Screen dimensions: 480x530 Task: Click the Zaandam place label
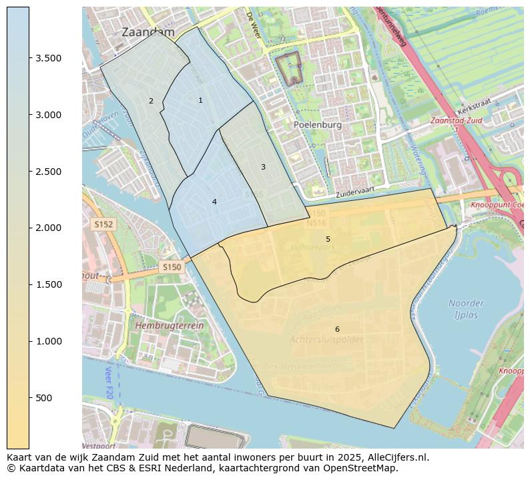pyautogui.click(x=148, y=32)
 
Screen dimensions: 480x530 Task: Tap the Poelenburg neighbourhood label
pyautogui.click(x=317, y=125)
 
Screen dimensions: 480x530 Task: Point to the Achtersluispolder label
pyautogui.click(x=326, y=340)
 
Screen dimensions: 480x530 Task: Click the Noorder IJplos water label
pyautogui.click(x=466, y=309)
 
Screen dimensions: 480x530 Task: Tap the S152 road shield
pyautogui.click(x=103, y=225)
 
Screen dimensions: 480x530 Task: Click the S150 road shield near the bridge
pyautogui.click(x=171, y=267)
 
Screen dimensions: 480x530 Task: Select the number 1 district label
pyautogui.click(x=200, y=100)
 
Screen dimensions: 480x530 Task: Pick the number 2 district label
pyautogui.click(x=151, y=101)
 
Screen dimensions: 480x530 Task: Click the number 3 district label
pyautogui.click(x=263, y=167)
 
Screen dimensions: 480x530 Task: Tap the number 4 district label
pyautogui.click(x=214, y=202)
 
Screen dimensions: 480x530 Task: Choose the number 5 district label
pyautogui.click(x=328, y=239)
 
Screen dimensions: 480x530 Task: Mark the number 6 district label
pyautogui.click(x=337, y=329)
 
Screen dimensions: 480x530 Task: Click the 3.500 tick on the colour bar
pyautogui.click(x=48, y=58)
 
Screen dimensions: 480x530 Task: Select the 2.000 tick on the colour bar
pyautogui.click(x=48, y=228)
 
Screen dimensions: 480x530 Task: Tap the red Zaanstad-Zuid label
pyautogui.click(x=456, y=122)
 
